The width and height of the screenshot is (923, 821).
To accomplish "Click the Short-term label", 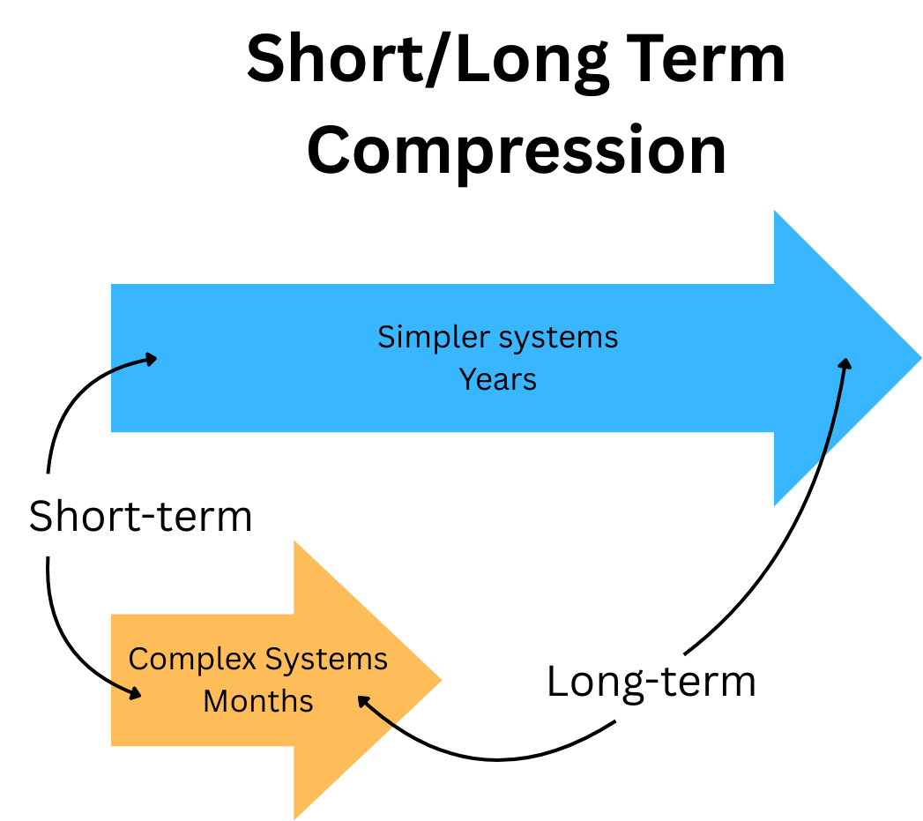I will pos(141,516).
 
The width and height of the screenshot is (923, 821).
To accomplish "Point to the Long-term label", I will pos(651,682).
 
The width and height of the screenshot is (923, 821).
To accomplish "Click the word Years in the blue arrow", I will pos(498,379).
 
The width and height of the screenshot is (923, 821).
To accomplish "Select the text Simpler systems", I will pos(498,337).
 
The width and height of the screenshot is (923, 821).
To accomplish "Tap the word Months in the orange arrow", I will pos(258,702).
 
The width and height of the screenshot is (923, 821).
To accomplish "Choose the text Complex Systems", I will pos(258,659).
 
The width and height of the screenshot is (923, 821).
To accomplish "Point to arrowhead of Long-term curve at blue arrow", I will pos(845,363).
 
